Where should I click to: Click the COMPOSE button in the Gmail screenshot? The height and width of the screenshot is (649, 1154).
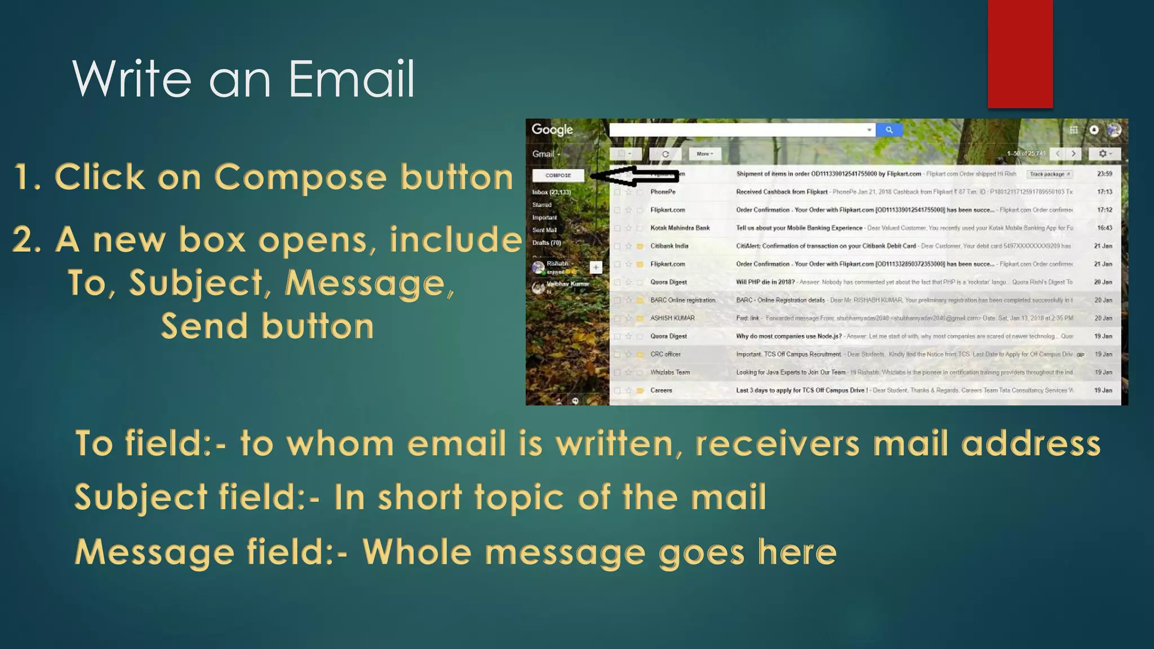click(558, 175)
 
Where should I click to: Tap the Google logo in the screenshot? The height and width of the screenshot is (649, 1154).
click(552, 130)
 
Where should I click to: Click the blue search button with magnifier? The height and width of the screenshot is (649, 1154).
click(889, 130)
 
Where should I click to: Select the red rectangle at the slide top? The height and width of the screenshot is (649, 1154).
click(1020, 54)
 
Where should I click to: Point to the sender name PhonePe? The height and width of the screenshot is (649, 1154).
click(663, 192)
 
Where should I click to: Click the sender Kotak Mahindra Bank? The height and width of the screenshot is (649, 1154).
click(680, 228)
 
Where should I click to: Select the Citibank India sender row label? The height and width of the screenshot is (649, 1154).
click(669, 246)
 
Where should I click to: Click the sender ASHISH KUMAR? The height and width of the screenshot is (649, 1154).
click(672, 318)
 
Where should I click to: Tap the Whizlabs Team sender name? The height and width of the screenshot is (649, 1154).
click(669, 372)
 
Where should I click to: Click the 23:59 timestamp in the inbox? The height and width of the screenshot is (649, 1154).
click(1104, 174)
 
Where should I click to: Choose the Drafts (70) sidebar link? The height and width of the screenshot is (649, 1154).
click(546, 243)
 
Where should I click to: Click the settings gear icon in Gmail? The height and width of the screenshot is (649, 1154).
click(1104, 154)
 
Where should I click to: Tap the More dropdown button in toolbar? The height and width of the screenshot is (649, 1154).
click(704, 154)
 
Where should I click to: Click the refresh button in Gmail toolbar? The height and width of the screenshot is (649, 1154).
click(665, 154)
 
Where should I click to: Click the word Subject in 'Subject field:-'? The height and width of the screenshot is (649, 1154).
click(141, 497)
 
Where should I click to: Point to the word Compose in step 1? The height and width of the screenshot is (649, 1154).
click(300, 177)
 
